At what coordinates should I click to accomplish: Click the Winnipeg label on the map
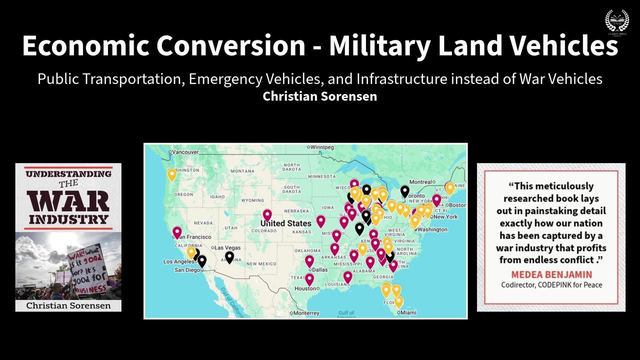pyautogui.click(x=322, y=147)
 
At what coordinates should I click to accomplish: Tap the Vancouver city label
pyautogui.click(x=185, y=152)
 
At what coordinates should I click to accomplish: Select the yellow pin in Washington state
pyautogui.click(x=171, y=174)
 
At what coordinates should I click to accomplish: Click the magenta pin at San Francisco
pyautogui.click(x=177, y=232)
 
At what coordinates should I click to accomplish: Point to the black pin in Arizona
pyautogui.click(x=229, y=257)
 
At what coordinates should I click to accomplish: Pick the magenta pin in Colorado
pyautogui.click(x=267, y=215)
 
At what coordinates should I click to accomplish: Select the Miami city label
pyautogui.click(x=408, y=312)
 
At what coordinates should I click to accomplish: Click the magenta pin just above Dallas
pyautogui.click(x=309, y=260)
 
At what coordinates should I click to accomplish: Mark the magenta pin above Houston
pyautogui.click(x=309, y=279)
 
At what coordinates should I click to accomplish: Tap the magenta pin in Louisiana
pyautogui.click(x=348, y=276)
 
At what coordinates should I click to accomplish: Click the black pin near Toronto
pyautogui.click(x=404, y=190)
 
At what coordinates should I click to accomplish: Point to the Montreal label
pyautogui.click(x=420, y=182)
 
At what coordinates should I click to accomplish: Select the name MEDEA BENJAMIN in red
pyautogui.click(x=551, y=274)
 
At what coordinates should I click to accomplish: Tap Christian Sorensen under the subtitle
pyautogui.click(x=320, y=96)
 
